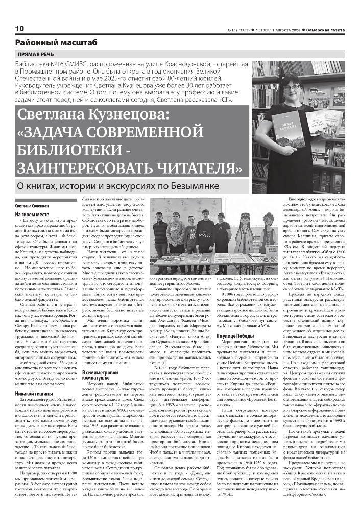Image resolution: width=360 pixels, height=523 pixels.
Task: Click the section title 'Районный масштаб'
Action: coord(56,43)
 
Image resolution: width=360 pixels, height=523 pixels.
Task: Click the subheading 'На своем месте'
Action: coord(32,215)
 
